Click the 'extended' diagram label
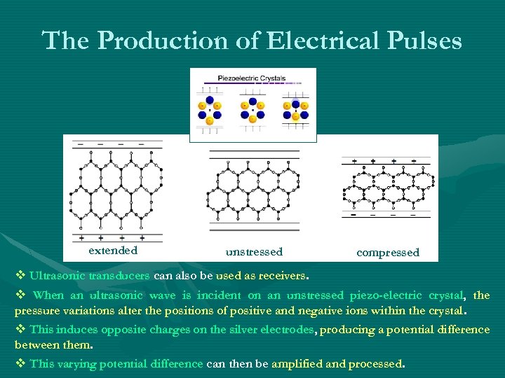pos(113,250)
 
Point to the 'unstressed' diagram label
pos(254,252)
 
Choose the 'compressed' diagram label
pos(387,252)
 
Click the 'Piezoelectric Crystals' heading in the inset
pos(252,78)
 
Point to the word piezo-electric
pos(382,295)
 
